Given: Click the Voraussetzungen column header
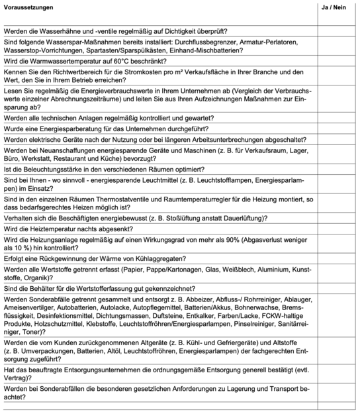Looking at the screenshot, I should [28, 7].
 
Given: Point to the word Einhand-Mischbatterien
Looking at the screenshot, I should [255, 49].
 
